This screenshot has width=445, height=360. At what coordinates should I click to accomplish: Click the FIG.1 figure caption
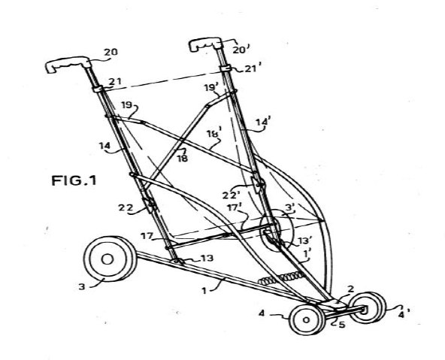pyautogui.click(x=74, y=180)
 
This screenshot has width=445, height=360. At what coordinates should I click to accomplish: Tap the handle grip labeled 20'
pyautogui.click(x=205, y=44)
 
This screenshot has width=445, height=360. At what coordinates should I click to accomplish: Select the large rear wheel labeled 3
pyautogui.click(x=110, y=259)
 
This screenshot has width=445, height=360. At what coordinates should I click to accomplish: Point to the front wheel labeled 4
pyautogui.click(x=307, y=319)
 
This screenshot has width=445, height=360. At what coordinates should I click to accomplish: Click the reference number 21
pyautogui.click(x=115, y=82)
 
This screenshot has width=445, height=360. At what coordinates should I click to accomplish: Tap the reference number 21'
pyautogui.click(x=251, y=68)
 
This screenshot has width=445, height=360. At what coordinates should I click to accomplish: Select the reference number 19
pyautogui.click(x=126, y=105)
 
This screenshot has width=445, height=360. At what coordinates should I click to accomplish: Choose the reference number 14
pyautogui.click(x=104, y=146)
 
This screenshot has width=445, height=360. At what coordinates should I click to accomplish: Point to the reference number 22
pyautogui.click(x=126, y=207)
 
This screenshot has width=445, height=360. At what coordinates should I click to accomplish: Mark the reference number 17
pyautogui.click(x=147, y=235)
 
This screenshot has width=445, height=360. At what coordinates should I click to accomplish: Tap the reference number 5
pyautogui.click(x=342, y=324)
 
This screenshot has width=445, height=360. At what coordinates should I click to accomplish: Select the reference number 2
pyautogui.click(x=351, y=289)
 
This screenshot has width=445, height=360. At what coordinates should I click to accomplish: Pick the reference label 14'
pyautogui.click(x=263, y=122)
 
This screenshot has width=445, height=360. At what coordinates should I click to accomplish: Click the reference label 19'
pyautogui.click(x=211, y=87)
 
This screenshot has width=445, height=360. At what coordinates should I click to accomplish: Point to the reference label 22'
pyautogui.click(x=232, y=195)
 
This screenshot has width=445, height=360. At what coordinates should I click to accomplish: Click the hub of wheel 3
pyautogui.click(x=107, y=259)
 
